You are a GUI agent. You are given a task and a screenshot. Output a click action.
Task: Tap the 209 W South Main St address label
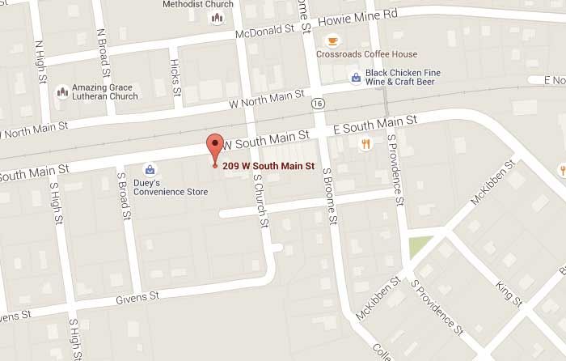(x=268, y=167)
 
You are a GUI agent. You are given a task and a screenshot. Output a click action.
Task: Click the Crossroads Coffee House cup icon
(x=332, y=40)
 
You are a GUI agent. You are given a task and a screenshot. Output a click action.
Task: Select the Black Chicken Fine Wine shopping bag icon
(x=355, y=78)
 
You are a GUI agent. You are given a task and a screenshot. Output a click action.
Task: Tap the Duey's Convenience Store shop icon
(x=150, y=169)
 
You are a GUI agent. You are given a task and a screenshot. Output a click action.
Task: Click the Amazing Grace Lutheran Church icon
(x=62, y=92)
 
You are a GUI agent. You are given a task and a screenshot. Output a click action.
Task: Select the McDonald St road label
(x=264, y=31)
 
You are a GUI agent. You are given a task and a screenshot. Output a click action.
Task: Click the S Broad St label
(x=124, y=196)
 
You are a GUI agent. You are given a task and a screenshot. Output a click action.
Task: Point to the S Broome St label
(x=329, y=194)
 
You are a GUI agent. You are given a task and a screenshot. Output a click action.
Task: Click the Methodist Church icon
(x=218, y=18)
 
